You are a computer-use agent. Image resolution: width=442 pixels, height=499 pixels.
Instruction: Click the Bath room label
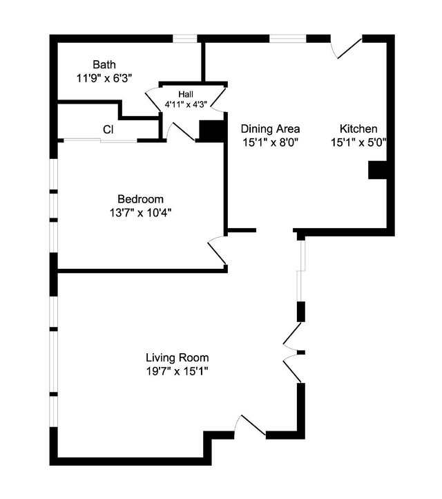click(x=104, y=64)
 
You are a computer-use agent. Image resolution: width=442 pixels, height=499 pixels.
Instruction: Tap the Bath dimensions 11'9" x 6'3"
click(x=104, y=78)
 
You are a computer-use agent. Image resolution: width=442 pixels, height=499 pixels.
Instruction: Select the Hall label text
click(x=186, y=94)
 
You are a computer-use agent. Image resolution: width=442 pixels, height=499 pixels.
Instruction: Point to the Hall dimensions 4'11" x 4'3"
click(x=186, y=104)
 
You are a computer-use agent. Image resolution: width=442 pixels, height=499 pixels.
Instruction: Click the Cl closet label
click(x=108, y=129)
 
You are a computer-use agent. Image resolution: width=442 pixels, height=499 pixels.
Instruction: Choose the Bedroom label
click(x=141, y=199)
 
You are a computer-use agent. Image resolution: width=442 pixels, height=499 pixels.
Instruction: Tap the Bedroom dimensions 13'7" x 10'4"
click(x=141, y=213)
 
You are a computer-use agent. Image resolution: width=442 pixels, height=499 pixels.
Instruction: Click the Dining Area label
click(x=270, y=129)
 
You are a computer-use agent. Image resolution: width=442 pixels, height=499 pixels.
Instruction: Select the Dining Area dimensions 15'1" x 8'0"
click(x=270, y=142)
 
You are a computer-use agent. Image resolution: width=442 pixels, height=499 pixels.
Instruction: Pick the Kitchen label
click(x=358, y=129)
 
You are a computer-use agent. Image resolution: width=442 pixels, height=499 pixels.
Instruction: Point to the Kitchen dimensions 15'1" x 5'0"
click(x=358, y=142)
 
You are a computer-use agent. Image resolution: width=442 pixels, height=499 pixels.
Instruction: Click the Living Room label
click(x=177, y=358)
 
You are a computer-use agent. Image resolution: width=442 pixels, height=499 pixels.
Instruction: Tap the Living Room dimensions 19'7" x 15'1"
click(x=177, y=371)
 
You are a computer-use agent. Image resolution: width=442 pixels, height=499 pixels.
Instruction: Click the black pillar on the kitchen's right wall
click(x=377, y=170)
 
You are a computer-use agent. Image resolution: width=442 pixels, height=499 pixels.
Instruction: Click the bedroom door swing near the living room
click(x=217, y=251)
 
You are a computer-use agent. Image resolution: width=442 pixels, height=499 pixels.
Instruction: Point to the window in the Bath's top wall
click(x=185, y=39)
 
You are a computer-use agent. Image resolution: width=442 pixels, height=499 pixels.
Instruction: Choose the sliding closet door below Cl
click(x=100, y=140)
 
